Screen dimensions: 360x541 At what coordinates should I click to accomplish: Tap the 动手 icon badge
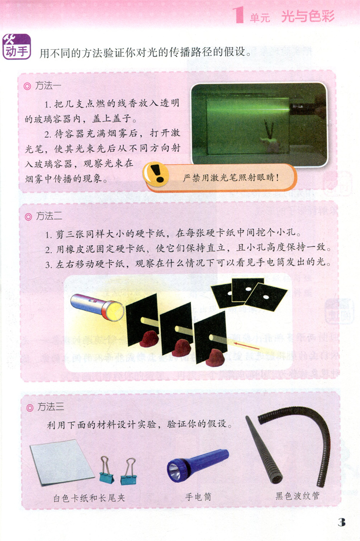coord(17,47)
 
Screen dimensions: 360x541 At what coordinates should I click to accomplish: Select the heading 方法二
coord(49,216)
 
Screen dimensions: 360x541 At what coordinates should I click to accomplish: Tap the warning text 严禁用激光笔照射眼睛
coord(230,177)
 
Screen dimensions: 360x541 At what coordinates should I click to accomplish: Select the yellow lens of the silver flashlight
coord(115,311)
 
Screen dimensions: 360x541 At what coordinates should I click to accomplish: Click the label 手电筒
coord(198,497)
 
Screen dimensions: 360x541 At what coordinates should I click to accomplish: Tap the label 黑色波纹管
coord(297,496)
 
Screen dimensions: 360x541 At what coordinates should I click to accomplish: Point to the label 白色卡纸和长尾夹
coord(89,498)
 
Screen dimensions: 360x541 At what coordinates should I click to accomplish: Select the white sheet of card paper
coord(62,462)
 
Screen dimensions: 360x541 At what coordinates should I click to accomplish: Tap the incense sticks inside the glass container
coord(268,130)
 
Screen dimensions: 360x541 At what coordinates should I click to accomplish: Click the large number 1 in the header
coord(238,15)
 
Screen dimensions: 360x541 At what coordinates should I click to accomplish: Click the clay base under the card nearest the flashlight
coord(149,338)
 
